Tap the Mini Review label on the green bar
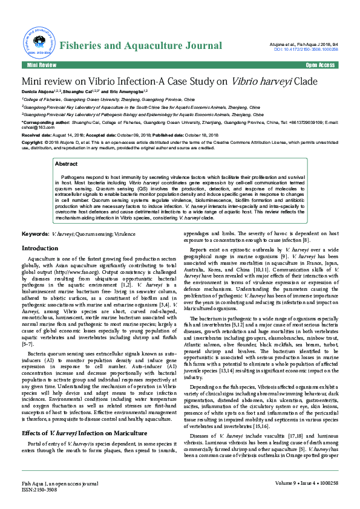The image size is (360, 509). coord(41,65)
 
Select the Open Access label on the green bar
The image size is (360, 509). coord(320,65)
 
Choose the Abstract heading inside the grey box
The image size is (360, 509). coord(66,164)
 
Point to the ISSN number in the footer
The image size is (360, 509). coord(41,491)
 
